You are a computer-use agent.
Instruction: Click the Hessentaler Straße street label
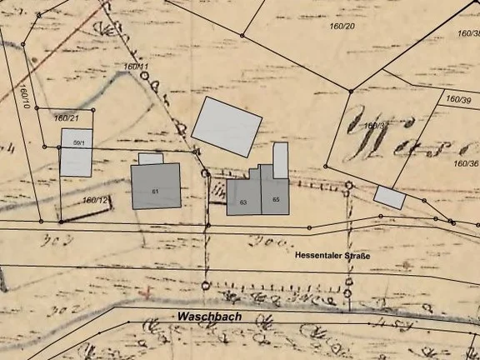[332, 256]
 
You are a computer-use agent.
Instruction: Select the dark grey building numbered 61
[156, 185]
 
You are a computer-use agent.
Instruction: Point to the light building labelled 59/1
[76, 152]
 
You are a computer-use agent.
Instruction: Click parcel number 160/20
[342, 27]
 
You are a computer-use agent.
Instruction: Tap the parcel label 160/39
[458, 100]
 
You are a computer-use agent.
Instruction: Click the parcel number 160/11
[135, 66]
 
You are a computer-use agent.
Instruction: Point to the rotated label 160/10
[26, 96]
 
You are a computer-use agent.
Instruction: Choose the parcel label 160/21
[66, 118]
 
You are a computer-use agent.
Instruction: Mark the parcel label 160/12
[96, 200]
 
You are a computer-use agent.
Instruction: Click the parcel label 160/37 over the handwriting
[377, 126]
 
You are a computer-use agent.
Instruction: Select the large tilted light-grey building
[226, 127]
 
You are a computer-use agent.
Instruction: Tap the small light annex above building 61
[151, 158]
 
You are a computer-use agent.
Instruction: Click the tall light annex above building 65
[281, 160]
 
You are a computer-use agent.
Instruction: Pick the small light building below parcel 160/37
[389, 197]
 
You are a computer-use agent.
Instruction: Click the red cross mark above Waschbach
[148, 292]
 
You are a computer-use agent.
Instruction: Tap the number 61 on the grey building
[156, 192]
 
